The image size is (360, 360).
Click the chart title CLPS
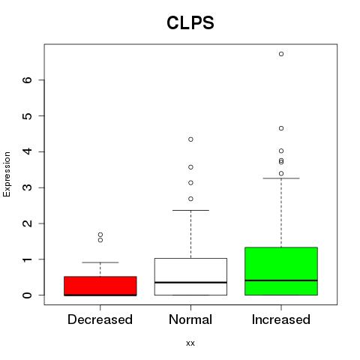(190, 22)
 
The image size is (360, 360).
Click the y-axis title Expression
(7, 174)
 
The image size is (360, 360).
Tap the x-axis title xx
(190, 343)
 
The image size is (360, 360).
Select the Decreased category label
(100, 319)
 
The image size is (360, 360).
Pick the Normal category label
(190, 319)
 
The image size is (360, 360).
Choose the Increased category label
(281, 319)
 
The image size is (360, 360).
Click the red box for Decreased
(100, 286)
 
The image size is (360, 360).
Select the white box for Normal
(190, 277)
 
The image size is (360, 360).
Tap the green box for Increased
(281, 271)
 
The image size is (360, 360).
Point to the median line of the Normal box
(190, 283)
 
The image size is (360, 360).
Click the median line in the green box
(281, 280)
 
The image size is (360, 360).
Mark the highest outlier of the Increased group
(281, 54)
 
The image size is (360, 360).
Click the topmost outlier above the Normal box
(190, 139)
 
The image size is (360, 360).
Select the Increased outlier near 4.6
(281, 128)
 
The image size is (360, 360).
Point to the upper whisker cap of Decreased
(100, 262)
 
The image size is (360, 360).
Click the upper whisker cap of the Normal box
(190, 210)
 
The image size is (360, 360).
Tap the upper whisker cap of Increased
(281, 178)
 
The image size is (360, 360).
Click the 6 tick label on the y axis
(28, 79)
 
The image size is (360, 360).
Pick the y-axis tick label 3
(28, 187)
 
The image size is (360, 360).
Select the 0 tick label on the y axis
(28, 295)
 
